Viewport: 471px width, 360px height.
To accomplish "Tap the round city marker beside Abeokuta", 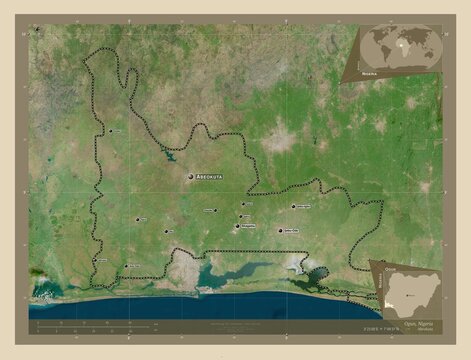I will click(x=190, y=177).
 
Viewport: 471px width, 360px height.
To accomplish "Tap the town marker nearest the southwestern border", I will click(x=124, y=264).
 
